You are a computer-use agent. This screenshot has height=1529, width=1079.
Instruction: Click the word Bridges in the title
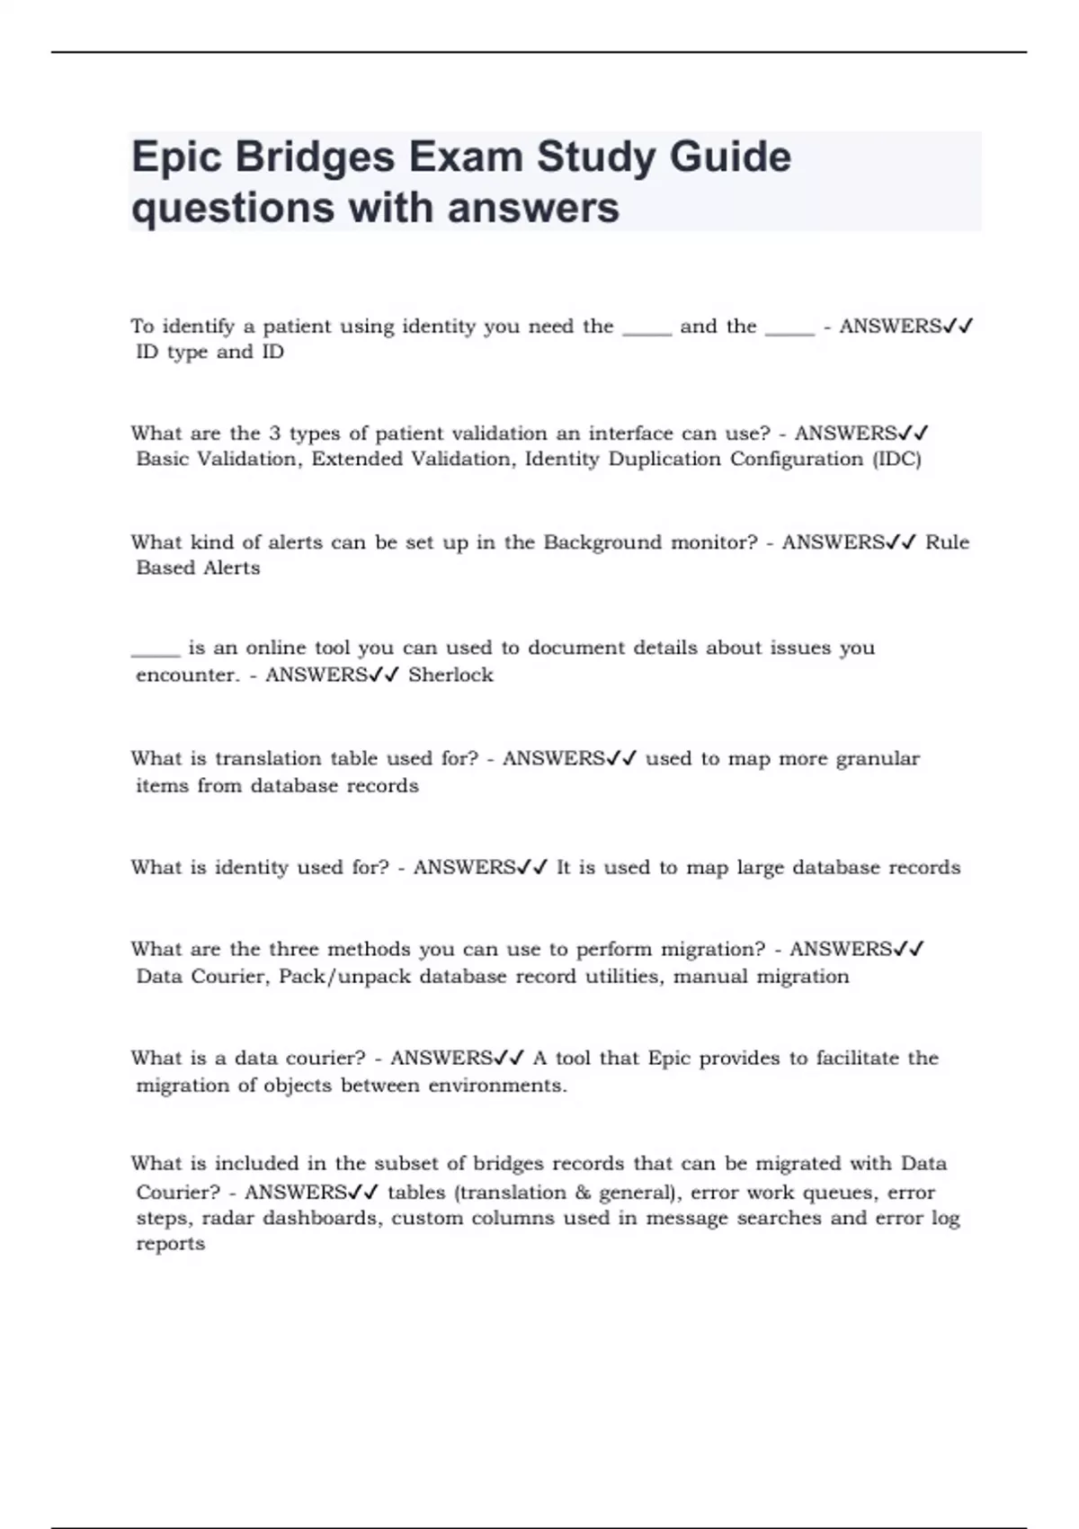pyautogui.click(x=315, y=158)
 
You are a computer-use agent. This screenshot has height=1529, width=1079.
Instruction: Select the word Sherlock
pyautogui.click(x=450, y=675)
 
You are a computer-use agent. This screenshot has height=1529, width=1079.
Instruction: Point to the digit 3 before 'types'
pyautogui.click(x=275, y=434)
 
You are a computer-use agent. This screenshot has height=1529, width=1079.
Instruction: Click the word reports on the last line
pyautogui.click(x=171, y=1244)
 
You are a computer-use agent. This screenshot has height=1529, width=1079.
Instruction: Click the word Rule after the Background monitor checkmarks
pyautogui.click(x=947, y=542)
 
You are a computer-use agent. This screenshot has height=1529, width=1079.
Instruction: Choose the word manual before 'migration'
pyautogui.click(x=710, y=977)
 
